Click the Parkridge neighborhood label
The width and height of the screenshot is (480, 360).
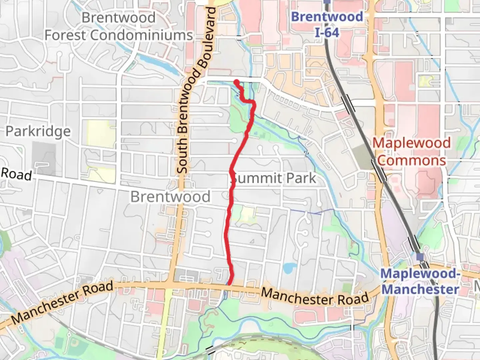pos(38,131)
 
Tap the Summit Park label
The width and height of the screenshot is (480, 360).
pos(273,178)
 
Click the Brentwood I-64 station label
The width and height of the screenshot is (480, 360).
pos(327,25)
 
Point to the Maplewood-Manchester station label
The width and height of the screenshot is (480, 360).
pos(420,281)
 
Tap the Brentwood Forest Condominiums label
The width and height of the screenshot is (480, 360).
pos(119,26)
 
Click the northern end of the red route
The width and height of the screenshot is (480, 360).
pos(236,82)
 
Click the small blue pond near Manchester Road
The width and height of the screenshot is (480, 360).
pos(289,268)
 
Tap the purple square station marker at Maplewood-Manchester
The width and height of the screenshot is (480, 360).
pos(420,256)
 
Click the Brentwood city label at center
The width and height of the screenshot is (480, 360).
pos(170,197)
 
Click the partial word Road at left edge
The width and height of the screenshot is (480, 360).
pos(16,174)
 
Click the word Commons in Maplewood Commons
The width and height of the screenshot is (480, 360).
pos(411,161)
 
